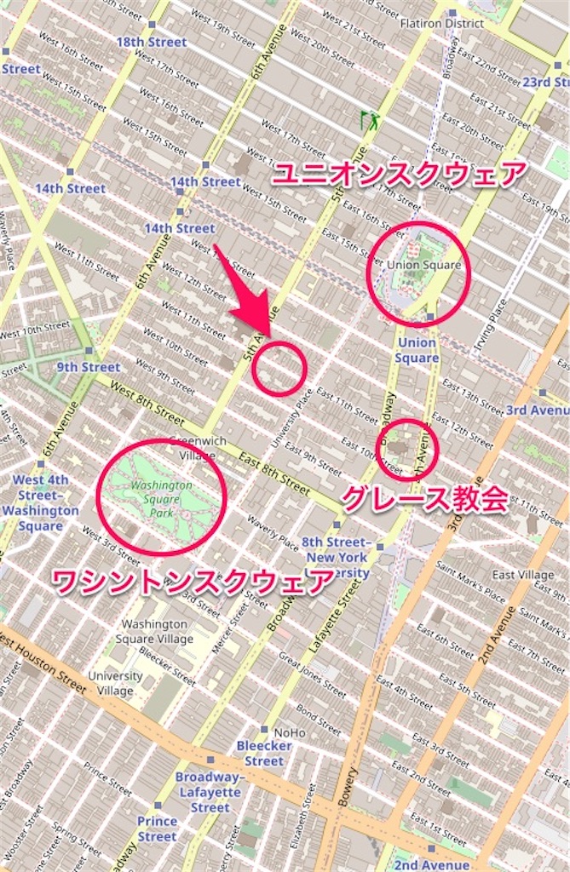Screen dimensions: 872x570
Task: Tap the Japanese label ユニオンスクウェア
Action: tap(399, 175)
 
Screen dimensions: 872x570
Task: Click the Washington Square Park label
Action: tap(162, 499)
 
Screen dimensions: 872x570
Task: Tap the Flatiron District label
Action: tap(442, 23)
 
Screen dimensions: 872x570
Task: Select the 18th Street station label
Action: tap(152, 42)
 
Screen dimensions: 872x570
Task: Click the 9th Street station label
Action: tap(89, 367)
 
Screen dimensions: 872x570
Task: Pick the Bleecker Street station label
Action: tap(264, 754)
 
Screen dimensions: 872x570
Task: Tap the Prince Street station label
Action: tap(158, 829)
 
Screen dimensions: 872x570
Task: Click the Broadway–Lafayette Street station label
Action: tap(210, 791)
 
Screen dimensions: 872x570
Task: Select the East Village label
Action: tap(522, 575)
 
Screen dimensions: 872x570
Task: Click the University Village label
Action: tap(115, 683)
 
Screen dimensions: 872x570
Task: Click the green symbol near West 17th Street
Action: tap(370, 121)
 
